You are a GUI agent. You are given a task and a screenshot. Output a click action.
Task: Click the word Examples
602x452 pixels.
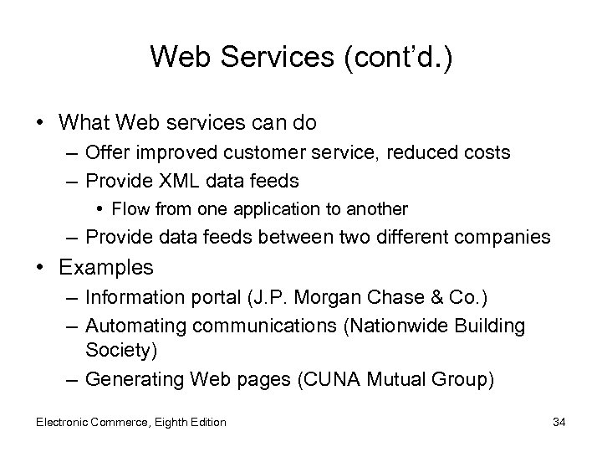[x=106, y=268]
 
